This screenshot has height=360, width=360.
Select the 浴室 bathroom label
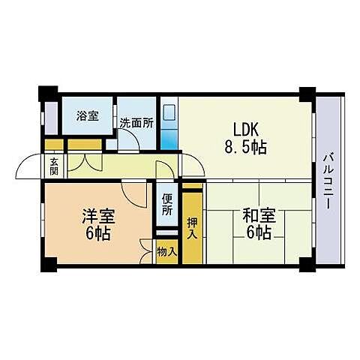[x=88, y=116]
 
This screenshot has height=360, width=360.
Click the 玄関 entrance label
[x=55, y=166]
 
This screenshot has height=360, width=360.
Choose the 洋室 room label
[x=98, y=217]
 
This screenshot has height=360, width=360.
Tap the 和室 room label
[x=257, y=216]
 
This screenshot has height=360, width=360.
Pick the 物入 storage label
[x=166, y=252]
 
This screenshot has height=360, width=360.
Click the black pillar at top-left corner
[x=46, y=92]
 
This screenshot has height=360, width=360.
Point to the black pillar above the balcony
[x=307, y=94]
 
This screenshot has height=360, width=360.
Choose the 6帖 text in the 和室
[x=257, y=232]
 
